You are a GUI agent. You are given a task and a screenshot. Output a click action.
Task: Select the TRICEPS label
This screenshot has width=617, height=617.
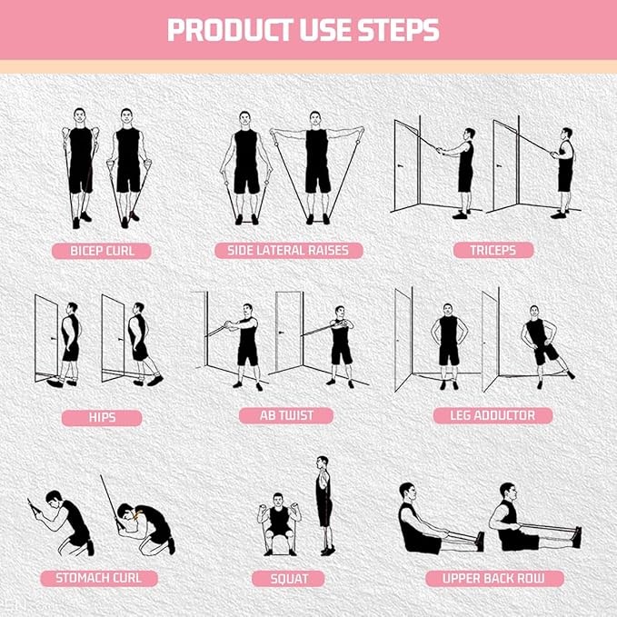pyautogui.click(x=493, y=250)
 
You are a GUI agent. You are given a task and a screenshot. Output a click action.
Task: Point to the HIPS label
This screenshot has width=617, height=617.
pyautogui.click(x=102, y=418)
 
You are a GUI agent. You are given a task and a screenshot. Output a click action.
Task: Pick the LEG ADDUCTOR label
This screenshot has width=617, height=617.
pyautogui.click(x=493, y=415)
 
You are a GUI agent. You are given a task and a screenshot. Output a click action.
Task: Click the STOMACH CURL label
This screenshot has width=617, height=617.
pyautogui.click(x=99, y=578)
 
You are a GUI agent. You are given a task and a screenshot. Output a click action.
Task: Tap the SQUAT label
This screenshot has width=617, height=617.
pyautogui.click(x=289, y=578)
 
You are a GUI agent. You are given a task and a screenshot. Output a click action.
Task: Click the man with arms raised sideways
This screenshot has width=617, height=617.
pyautogui.click(x=316, y=164)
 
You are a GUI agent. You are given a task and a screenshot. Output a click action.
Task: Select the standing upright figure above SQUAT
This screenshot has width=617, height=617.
pyautogui.click(x=323, y=504)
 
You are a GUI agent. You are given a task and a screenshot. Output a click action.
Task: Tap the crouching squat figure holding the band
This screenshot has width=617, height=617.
pyautogui.click(x=278, y=522)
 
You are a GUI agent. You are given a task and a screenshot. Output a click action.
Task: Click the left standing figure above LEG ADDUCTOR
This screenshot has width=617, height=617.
pyautogui.click(x=448, y=341)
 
